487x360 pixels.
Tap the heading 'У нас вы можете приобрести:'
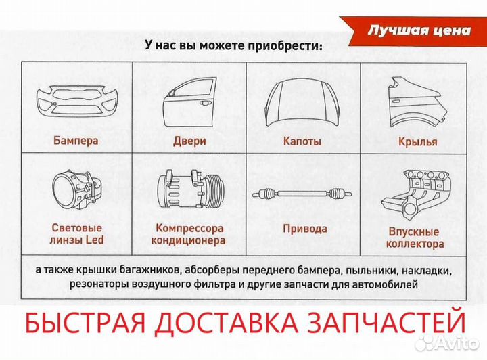(233, 45)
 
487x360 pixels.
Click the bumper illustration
(76, 102)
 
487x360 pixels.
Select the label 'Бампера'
(76, 141)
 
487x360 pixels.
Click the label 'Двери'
(189, 141)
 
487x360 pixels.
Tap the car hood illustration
(302, 102)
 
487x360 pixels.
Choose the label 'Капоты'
(302, 141)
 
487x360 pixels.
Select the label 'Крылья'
(417, 142)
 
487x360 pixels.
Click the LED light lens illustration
(76, 192)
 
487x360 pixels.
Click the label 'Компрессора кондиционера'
(189, 234)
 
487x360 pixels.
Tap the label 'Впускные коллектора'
(415, 238)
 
